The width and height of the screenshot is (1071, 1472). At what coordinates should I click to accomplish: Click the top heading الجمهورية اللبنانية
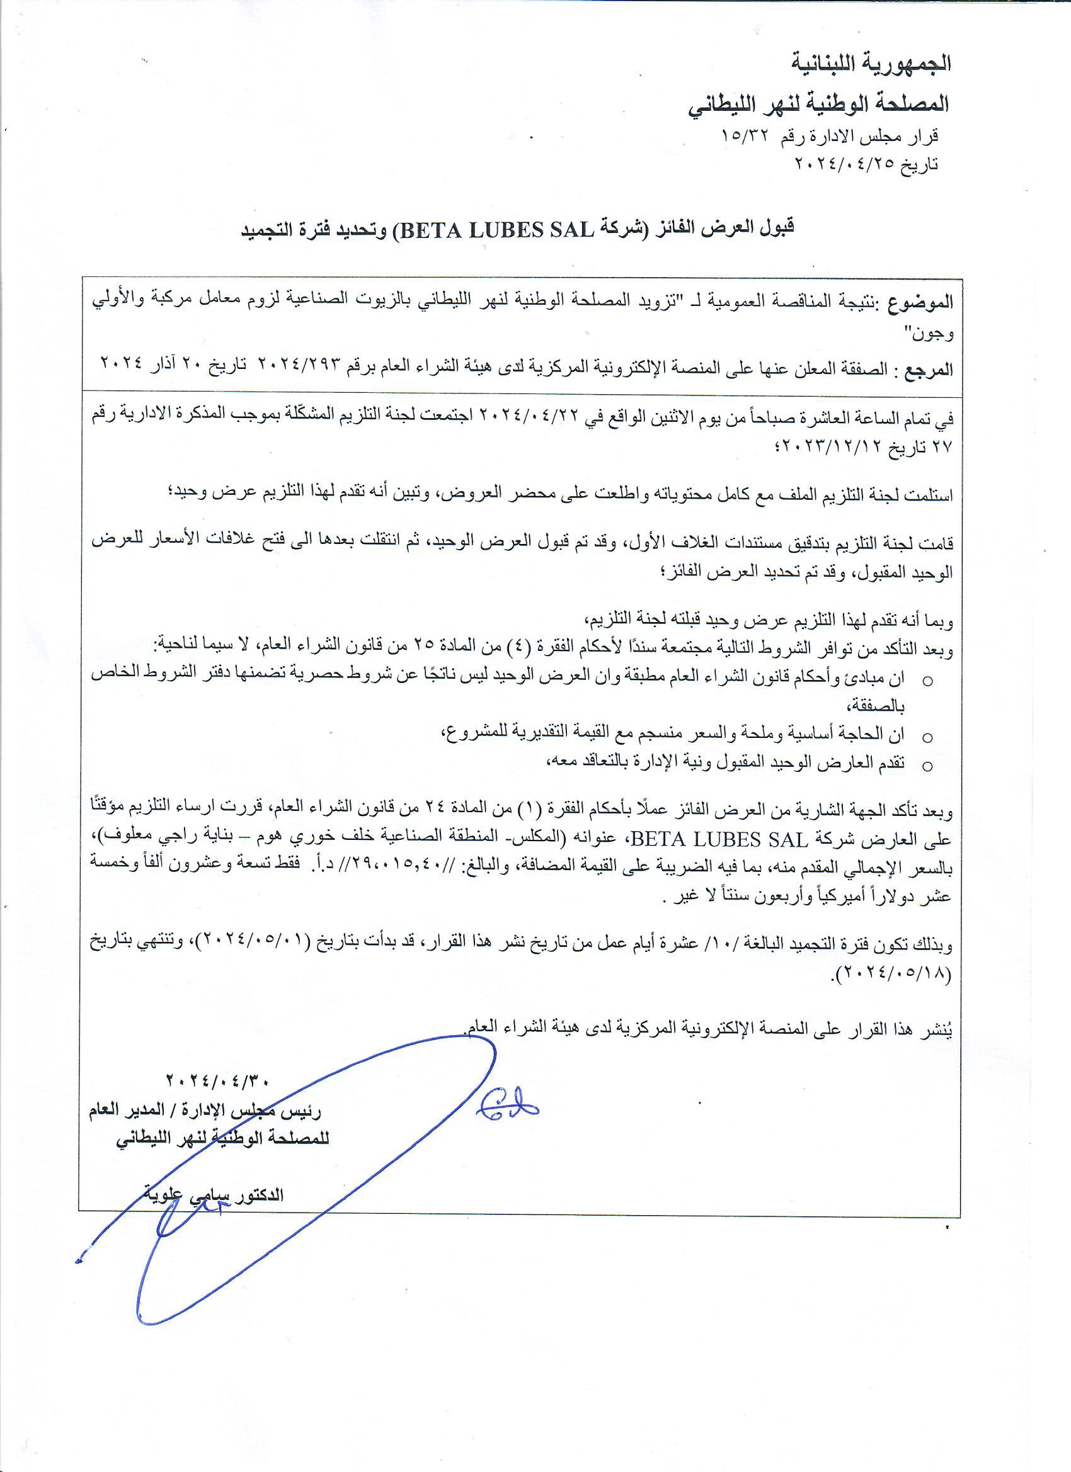tap(871, 64)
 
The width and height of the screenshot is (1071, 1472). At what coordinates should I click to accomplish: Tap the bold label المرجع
tap(927, 371)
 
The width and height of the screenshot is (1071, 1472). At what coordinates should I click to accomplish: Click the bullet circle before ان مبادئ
tap(927, 681)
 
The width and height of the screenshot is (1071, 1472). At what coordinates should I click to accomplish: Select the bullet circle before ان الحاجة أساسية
tap(927, 738)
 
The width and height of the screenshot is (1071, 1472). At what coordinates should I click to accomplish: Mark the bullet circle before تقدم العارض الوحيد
tap(927, 766)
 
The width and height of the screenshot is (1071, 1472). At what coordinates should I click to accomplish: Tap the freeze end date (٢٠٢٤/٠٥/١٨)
tap(895, 975)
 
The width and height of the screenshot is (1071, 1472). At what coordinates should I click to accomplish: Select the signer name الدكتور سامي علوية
tap(214, 1196)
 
